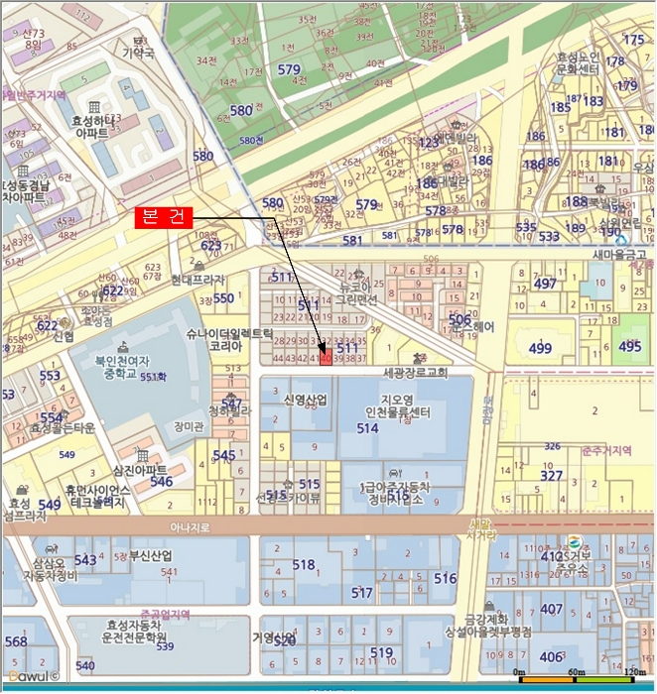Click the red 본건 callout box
point(164,217)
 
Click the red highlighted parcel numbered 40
point(326,359)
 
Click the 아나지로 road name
point(190,527)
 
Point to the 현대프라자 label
point(199,281)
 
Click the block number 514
point(368,428)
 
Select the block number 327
point(552,476)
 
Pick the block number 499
point(540,348)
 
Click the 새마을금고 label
point(620,255)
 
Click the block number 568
point(16,641)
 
